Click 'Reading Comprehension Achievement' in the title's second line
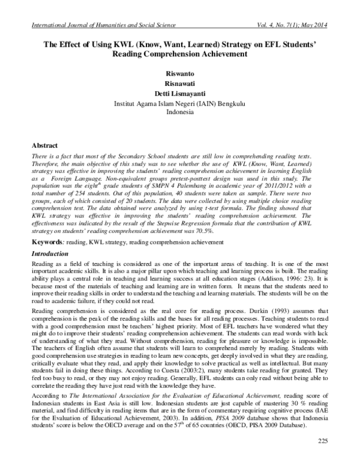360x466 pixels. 181,53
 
